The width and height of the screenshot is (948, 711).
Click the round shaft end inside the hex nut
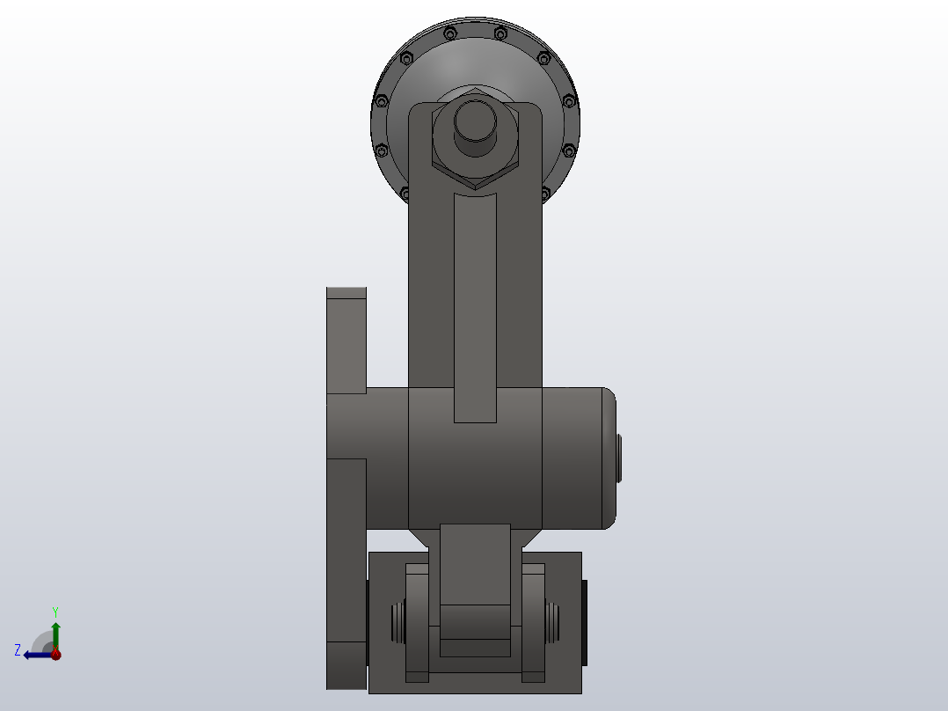coord(475,127)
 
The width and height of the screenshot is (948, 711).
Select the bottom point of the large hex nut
coord(475,187)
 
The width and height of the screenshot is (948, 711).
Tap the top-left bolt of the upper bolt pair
coord(450,33)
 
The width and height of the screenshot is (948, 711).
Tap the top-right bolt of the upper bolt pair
coord(500,33)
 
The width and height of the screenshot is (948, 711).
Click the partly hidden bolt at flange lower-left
coord(405,193)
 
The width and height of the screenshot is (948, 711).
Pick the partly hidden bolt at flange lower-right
coord(546,192)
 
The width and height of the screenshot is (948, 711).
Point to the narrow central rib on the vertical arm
coord(475,308)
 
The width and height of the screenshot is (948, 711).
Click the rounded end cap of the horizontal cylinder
coord(608,458)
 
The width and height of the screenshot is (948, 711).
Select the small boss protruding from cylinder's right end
coord(619,458)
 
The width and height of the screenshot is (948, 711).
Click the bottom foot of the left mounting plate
coord(346,665)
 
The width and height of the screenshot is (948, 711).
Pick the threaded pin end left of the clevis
coord(397,622)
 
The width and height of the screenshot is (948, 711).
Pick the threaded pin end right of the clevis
coord(553,622)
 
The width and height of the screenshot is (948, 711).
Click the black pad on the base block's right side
coord(585,622)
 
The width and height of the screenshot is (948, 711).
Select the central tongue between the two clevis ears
coord(475,581)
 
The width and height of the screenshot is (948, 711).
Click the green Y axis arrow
coord(55,632)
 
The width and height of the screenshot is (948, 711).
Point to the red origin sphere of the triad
coord(55,654)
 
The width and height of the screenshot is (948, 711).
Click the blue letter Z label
coord(18,650)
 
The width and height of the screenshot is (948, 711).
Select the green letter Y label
coord(55,611)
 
